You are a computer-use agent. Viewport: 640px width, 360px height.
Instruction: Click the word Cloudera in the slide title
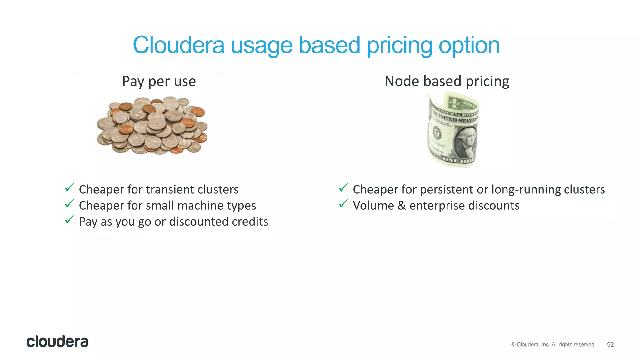click(x=178, y=45)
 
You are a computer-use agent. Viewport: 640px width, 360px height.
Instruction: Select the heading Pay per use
click(x=159, y=81)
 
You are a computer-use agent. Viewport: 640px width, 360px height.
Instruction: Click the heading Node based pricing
click(x=447, y=81)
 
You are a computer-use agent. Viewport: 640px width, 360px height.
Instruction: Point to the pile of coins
click(x=152, y=126)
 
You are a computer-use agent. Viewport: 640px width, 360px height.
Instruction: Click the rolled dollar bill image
click(x=453, y=129)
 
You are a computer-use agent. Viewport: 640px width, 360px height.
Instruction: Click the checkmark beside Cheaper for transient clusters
click(x=69, y=188)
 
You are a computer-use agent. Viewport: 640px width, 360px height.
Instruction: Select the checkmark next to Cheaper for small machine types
click(x=69, y=204)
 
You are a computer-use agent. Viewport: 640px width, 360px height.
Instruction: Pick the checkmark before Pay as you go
click(x=69, y=220)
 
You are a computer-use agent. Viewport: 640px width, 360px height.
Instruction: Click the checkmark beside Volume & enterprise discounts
click(x=343, y=204)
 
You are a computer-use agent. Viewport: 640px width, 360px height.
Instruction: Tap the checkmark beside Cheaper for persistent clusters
click(x=343, y=188)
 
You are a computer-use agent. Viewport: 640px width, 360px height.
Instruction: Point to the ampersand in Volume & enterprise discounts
click(x=402, y=206)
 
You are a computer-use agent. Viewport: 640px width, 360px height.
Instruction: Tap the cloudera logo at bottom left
click(x=57, y=342)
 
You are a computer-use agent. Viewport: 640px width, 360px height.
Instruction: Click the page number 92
click(x=610, y=345)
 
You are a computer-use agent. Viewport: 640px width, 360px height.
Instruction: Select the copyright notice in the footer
click(x=553, y=345)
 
